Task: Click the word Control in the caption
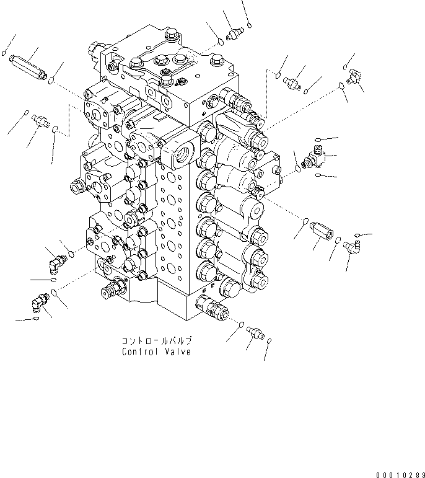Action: click(x=140, y=352)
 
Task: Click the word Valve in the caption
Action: click(x=177, y=352)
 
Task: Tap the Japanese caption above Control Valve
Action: click(x=156, y=341)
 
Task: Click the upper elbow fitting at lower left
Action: click(x=56, y=263)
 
